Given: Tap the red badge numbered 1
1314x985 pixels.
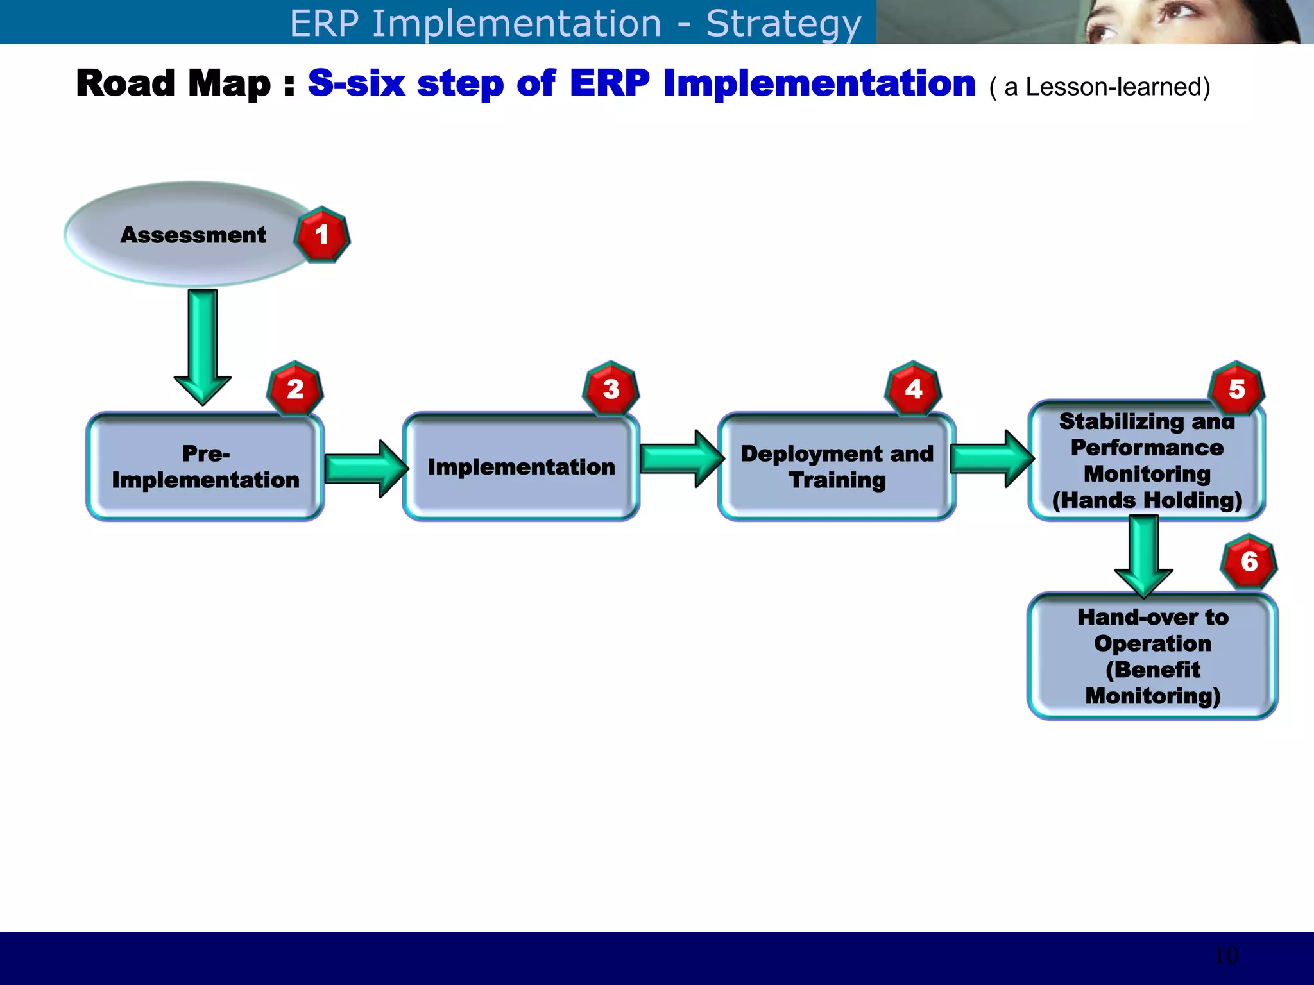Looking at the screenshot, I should pyautogui.click(x=322, y=235).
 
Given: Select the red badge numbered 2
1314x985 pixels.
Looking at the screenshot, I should pyautogui.click(x=295, y=389).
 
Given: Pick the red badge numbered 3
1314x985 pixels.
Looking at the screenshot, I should pyautogui.click(x=611, y=389).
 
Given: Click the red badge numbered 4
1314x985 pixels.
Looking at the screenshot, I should pyautogui.click(x=913, y=389).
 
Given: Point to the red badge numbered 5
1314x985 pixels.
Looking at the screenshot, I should pyautogui.click(x=1236, y=389).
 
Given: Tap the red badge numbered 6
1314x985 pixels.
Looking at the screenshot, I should pyautogui.click(x=1249, y=562).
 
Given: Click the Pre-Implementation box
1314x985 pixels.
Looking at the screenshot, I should pyautogui.click(x=205, y=467).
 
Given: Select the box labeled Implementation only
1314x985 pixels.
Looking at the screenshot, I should pyautogui.click(x=521, y=467).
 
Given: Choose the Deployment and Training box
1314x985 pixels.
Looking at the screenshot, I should pyautogui.click(x=837, y=467).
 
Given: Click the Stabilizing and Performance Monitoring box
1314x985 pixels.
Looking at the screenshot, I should pyautogui.click(x=1147, y=460).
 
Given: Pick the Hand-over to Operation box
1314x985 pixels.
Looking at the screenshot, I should pyautogui.click(x=1152, y=656).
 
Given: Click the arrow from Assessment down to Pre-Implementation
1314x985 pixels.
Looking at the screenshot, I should pyautogui.click(x=203, y=346).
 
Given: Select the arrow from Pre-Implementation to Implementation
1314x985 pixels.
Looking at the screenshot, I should pyautogui.click(x=364, y=468).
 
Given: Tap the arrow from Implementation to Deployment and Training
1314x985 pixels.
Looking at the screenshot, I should pyautogui.click(x=680, y=459).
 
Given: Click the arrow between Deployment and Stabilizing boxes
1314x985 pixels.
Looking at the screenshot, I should pyautogui.click(x=991, y=459).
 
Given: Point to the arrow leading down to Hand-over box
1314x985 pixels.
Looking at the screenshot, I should pyautogui.click(x=1143, y=555).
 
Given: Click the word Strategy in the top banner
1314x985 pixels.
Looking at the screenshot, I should pyautogui.click(x=783, y=24).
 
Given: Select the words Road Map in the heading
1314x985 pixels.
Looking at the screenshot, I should pyautogui.click(x=173, y=83).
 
